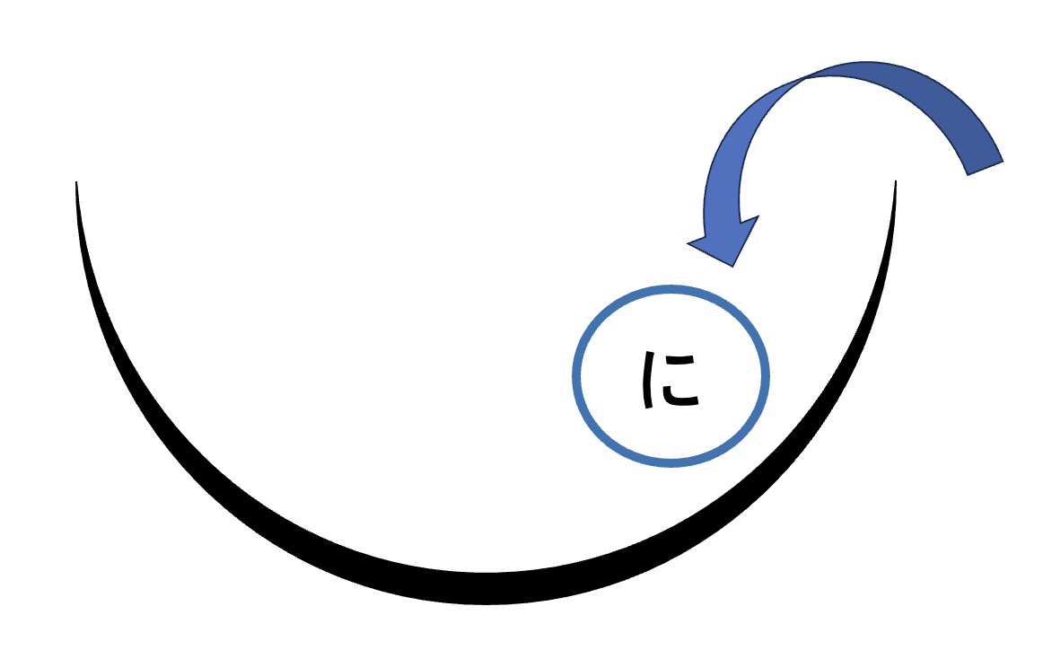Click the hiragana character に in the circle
(670, 380)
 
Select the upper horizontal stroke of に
(679, 360)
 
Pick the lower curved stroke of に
(679, 397)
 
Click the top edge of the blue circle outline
(670, 289)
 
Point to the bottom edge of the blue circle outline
(670, 463)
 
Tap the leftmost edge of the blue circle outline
(576, 376)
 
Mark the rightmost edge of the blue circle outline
(766, 376)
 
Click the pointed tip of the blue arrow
(732, 267)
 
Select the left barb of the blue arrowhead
(688, 243)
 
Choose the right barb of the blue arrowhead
(758, 216)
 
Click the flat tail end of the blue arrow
(986, 169)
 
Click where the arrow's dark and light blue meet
(806, 78)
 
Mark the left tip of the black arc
(76, 181)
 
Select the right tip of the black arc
(895, 181)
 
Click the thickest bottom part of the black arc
(486, 588)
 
